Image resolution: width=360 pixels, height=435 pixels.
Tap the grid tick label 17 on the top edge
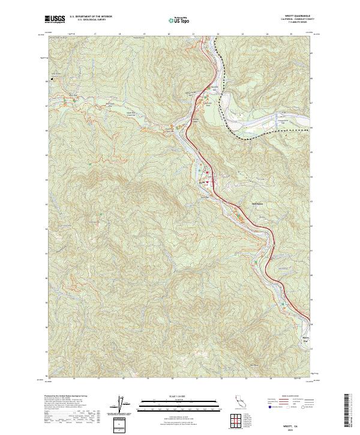coord(95,34)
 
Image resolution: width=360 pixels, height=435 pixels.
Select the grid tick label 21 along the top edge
coord(193,34)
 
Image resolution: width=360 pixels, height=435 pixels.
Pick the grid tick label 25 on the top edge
coord(291,34)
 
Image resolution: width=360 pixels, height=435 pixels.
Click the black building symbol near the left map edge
coord(53,77)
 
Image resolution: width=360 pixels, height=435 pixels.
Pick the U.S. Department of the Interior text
coord(90,16)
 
